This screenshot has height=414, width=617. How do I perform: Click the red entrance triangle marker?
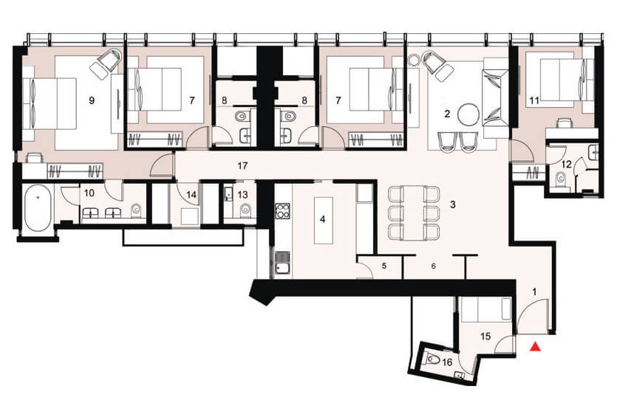click(535, 346)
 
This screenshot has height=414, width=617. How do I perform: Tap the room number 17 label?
click(242, 166)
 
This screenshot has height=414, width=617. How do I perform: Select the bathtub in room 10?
click(38, 209)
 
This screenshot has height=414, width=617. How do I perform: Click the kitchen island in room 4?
click(323, 220)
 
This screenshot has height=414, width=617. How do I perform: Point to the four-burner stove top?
click(282, 211)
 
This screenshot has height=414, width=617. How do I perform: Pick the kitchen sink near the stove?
click(282, 263)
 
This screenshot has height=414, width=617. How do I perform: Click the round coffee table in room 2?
click(469, 114)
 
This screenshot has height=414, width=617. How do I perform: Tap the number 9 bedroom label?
click(92, 100)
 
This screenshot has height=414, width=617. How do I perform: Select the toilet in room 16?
click(432, 359)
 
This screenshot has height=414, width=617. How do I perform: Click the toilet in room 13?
click(245, 210)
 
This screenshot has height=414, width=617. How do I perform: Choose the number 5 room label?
click(384, 266)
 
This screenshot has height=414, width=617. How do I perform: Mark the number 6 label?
click(433, 266)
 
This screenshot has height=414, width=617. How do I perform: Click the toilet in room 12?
click(559, 179)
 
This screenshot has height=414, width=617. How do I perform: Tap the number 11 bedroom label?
click(534, 100)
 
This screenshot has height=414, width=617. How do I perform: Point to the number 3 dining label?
click(453, 204)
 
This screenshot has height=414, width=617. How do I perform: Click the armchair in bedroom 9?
click(106, 63)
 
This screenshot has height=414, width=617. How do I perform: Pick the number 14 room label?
click(191, 195)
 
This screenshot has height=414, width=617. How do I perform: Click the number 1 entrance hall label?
click(534, 291)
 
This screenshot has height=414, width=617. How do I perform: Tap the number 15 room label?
click(485, 337)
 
